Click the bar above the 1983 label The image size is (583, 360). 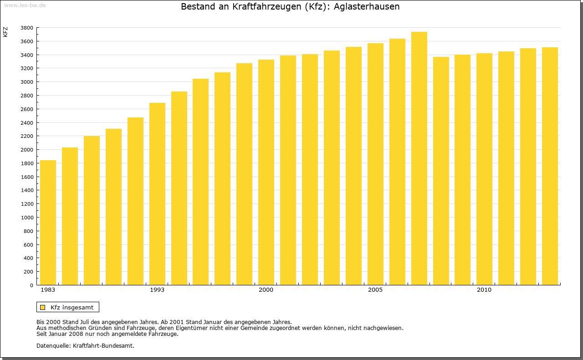click(48, 223)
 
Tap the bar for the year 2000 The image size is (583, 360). click(266, 172)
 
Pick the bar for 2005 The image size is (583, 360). click(375, 164)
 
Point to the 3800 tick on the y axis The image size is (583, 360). click(27, 28)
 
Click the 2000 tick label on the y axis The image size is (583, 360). click(27, 150)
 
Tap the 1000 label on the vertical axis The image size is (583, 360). click(27, 218)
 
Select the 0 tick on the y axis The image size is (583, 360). click(31, 285)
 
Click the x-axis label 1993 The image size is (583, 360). click(157, 290)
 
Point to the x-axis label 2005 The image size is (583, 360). click(375, 290)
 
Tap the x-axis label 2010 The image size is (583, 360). click(484, 290)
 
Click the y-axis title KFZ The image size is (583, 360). click(5, 32)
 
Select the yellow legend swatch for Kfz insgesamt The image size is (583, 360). click(42, 308)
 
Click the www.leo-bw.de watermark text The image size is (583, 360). click(25, 5)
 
